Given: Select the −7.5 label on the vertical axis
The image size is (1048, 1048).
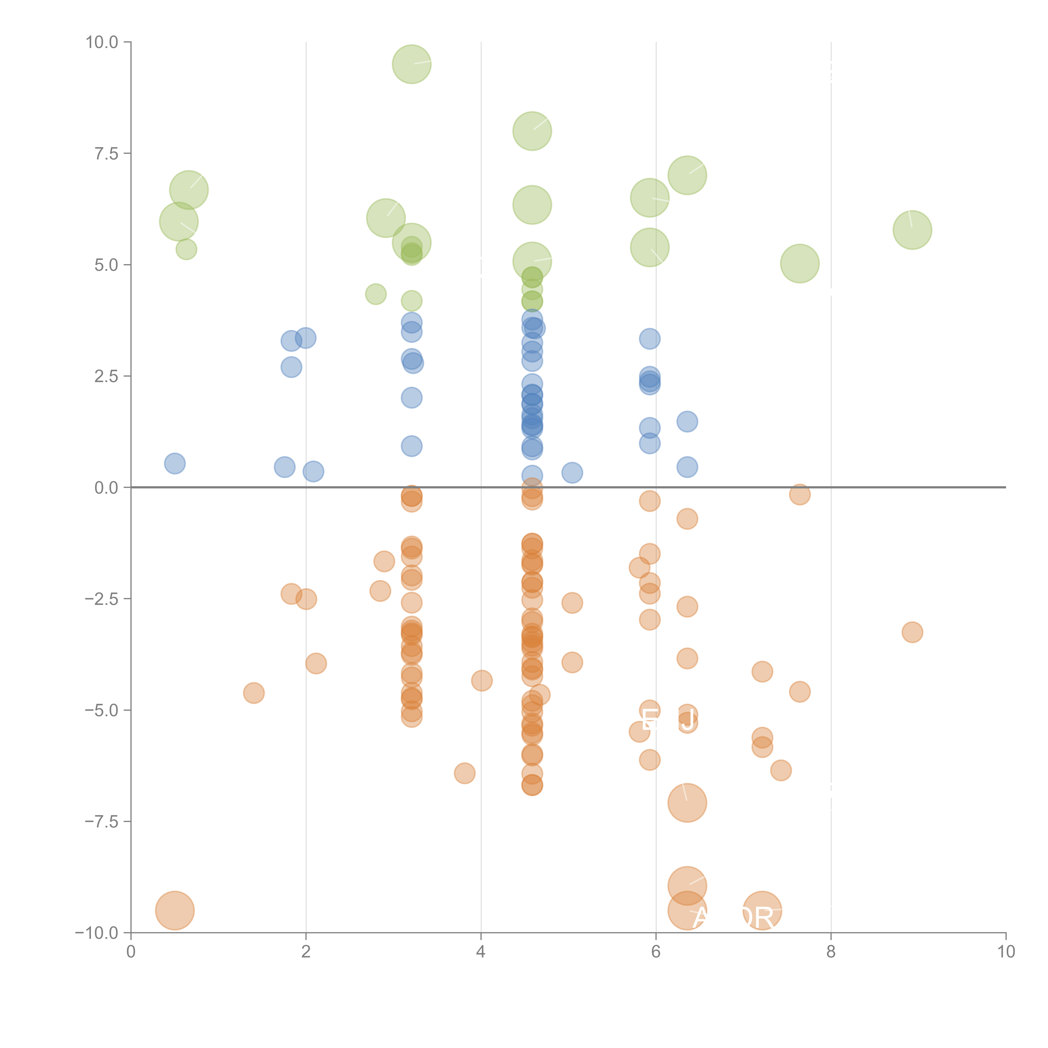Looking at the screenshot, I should (x=102, y=821).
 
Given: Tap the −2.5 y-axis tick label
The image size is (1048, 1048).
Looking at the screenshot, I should (x=102, y=599).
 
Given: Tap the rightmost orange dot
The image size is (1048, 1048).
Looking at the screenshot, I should (x=912, y=632).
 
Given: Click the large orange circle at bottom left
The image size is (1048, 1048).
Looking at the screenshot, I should (x=175, y=910).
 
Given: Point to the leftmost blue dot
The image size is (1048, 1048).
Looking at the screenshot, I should (x=175, y=463).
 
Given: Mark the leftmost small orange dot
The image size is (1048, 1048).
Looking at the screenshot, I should (x=254, y=693).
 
